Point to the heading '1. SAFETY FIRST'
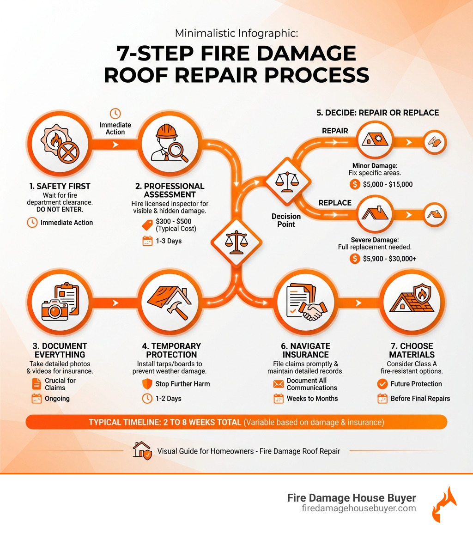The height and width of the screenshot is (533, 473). point(60,186)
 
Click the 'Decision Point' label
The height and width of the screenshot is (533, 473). point(286,220)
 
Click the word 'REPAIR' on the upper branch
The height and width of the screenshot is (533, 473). point(335,131)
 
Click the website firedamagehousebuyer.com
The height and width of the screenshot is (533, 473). point(358,509)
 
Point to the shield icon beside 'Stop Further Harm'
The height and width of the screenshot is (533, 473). point(147,384)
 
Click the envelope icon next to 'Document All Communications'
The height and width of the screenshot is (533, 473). point(278,384)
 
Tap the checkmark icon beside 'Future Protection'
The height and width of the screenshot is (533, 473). point(382,384)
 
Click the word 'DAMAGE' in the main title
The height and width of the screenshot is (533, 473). point(306,54)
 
